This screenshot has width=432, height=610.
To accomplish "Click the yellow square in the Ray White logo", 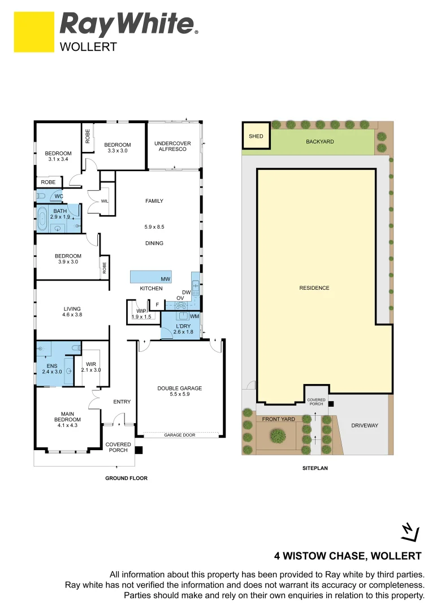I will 34,32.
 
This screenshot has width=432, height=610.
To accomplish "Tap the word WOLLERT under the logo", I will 88,47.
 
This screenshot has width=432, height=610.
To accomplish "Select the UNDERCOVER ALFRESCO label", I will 172,147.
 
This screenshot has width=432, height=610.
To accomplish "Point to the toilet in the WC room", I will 41,196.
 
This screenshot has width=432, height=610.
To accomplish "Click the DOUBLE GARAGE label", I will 179,391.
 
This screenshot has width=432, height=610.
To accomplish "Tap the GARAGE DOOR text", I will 180,435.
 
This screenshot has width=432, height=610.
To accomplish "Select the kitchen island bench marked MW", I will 151,277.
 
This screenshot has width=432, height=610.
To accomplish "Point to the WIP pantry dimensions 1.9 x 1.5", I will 141,317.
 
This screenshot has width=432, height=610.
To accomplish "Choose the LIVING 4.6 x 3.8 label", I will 72,312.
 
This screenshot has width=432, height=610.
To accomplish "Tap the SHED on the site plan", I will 256,136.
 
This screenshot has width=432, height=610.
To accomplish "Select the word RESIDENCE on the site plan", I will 314,288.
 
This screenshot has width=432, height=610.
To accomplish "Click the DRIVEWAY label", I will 364,425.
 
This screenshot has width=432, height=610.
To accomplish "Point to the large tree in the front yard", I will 277,435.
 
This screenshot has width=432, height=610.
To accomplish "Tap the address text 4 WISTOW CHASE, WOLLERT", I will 348,555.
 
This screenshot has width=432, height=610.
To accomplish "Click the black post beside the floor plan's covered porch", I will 139,450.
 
